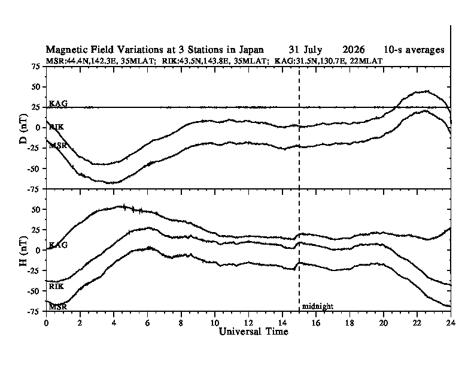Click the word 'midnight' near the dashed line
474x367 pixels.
click(x=318, y=306)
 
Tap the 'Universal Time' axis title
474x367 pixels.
click(x=253, y=331)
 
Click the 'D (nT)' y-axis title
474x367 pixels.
click(x=23, y=129)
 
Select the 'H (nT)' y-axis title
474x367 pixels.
click(x=23, y=251)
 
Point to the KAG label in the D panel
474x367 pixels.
click(x=58, y=103)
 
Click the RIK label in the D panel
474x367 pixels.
click(x=56, y=127)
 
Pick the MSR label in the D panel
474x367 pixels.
click(x=57, y=146)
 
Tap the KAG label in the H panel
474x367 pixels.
click(x=58, y=245)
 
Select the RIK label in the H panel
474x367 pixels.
click(x=56, y=286)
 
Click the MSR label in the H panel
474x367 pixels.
click(x=57, y=307)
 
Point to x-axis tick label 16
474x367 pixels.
click(x=315, y=323)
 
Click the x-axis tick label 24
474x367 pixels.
click(x=451, y=323)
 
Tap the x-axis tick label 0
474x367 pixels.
click(x=46, y=323)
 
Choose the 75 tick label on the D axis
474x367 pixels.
click(x=36, y=67)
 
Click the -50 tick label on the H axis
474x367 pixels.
click(x=34, y=291)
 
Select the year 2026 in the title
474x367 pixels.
click(x=353, y=49)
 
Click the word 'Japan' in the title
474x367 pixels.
click(x=251, y=49)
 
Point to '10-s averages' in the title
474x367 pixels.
click(x=414, y=50)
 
